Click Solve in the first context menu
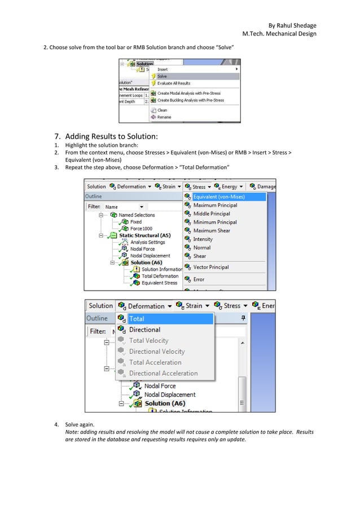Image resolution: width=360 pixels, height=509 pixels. pyautogui.click(x=162, y=76)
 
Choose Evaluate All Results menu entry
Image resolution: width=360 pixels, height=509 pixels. pyautogui.click(x=174, y=83)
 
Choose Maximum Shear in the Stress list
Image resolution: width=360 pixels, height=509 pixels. pyautogui.click(x=212, y=231)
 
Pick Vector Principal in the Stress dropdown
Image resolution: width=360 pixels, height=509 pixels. pyautogui.click(x=211, y=267)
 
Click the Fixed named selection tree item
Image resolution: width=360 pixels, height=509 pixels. pyautogui.click(x=136, y=222)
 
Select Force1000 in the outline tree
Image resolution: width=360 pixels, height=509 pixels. pyautogui.click(x=141, y=229)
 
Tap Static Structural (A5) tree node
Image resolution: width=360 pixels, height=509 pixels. pyautogui.click(x=144, y=235)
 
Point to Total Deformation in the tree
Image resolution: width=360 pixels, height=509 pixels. pyautogui.click(x=160, y=276)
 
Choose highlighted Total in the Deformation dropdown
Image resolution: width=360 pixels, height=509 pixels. pyautogui.click(x=137, y=319)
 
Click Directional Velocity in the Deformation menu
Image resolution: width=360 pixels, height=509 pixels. pyautogui.click(x=157, y=352)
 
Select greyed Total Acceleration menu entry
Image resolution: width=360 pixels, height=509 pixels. pyautogui.click(x=155, y=362)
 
